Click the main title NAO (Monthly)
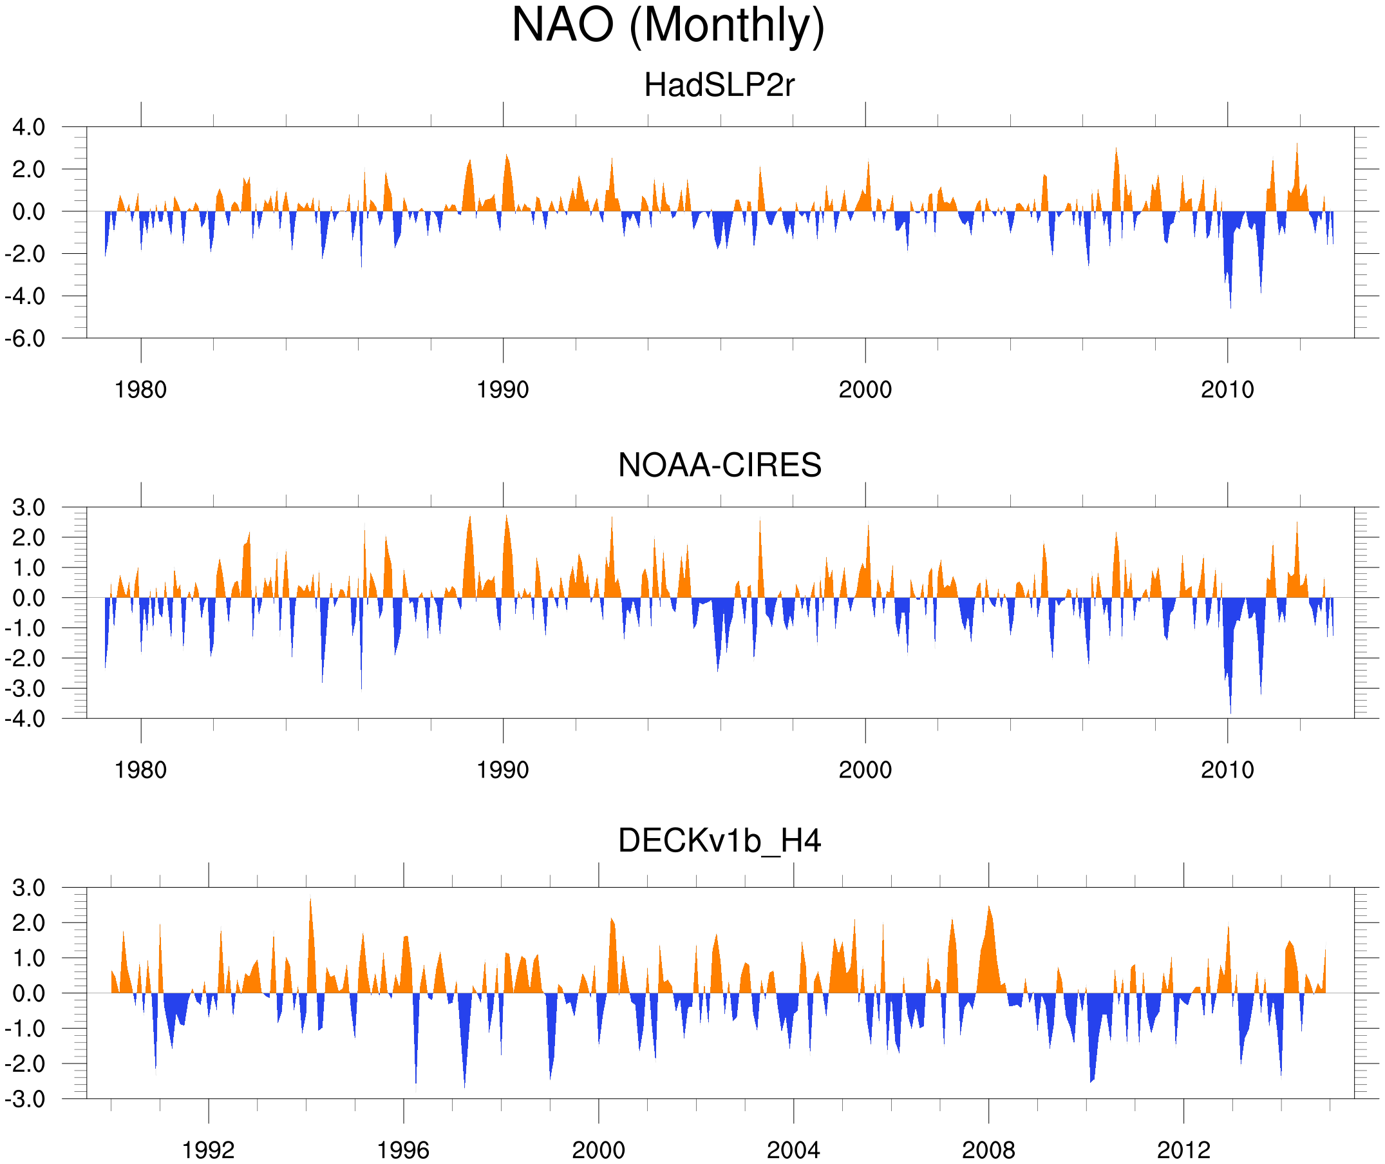pos(668,25)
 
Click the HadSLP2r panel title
pos(719,85)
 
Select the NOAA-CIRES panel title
pos(719,465)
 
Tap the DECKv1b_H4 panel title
pos(719,841)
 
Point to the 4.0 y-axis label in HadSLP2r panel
pos(28,127)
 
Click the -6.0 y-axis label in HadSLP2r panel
pos(26,339)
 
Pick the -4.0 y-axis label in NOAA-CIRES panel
pos(26,719)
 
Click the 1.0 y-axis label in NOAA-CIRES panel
pos(28,568)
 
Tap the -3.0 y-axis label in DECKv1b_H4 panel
pos(26,1100)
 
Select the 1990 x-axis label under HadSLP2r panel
pos(503,390)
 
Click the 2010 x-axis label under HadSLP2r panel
pos(1227,390)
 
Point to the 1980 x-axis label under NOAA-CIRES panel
pos(140,770)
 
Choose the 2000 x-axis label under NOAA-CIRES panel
pos(865,770)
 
